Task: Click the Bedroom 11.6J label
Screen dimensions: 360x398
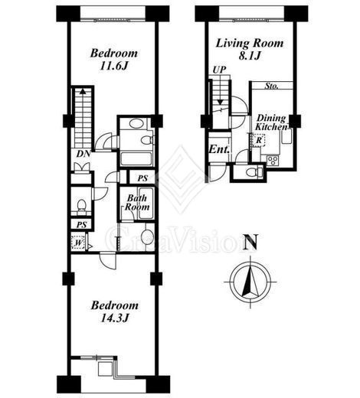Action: (x=114, y=60)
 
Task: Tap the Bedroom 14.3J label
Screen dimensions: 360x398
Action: (x=115, y=312)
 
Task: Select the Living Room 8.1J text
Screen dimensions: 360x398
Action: (x=250, y=49)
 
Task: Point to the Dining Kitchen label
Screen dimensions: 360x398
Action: (x=272, y=122)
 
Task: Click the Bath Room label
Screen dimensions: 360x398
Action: (x=137, y=202)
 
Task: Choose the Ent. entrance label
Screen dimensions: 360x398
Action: (x=218, y=149)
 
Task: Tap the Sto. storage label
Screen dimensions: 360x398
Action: (x=271, y=86)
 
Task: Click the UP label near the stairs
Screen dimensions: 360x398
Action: (x=219, y=70)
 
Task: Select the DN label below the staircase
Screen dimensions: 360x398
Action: (x=83, y=154)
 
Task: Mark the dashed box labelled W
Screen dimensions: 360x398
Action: (x=79, y=242)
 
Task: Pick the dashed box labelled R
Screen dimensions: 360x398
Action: (x=259, y=140)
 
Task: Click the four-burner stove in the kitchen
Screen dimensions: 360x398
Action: (x=273, y=161)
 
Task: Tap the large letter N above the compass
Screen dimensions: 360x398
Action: (x=250, y=242)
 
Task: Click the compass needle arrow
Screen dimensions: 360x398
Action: (x=250, y=281)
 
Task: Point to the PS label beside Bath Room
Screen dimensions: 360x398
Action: (x=142, y=178)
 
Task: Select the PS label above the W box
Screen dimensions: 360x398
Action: (x=81, y=225)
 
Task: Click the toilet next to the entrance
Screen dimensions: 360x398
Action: (x=254, y=171)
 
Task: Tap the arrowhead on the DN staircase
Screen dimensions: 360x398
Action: (x=83, y=91)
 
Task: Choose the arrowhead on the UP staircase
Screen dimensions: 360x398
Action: (x=221, y=102)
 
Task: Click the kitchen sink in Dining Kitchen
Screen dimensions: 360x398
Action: (x=286, y=136)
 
